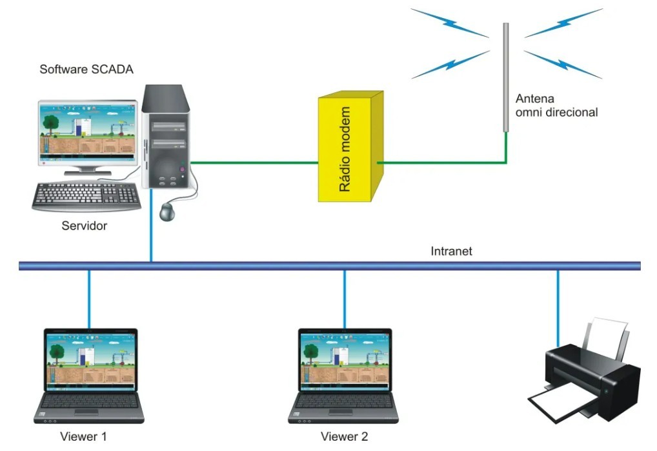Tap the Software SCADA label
click(86, 70)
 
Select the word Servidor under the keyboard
click(84, 226)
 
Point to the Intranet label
click(451, 251)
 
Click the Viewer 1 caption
click(83, 436)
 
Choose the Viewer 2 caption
click(344, 436)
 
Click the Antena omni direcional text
click(556, 106)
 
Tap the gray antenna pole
click(506, 77)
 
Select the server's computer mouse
click(169, 210)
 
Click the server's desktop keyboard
click(86, 195)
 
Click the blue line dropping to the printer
click(558, 303)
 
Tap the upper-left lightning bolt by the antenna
click(450, 22)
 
